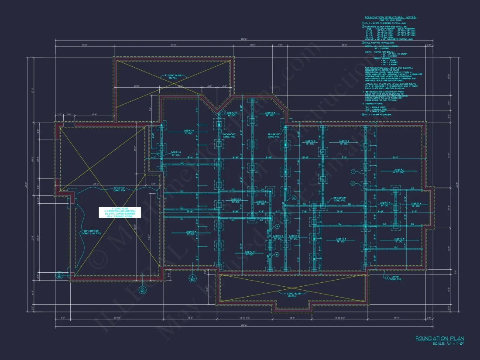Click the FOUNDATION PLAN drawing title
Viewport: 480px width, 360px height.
[x=439, y=338]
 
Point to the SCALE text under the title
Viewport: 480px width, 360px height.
[x=447, y=344]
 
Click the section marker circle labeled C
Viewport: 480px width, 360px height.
[x=59, y=275]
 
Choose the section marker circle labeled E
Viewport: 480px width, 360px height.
[x=192, y=278]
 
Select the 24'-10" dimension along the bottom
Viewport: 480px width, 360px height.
[x=116, y=318]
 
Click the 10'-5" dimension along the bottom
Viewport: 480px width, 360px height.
[x=292, y=318]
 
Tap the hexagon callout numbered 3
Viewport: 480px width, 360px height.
[x=386, y=277]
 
